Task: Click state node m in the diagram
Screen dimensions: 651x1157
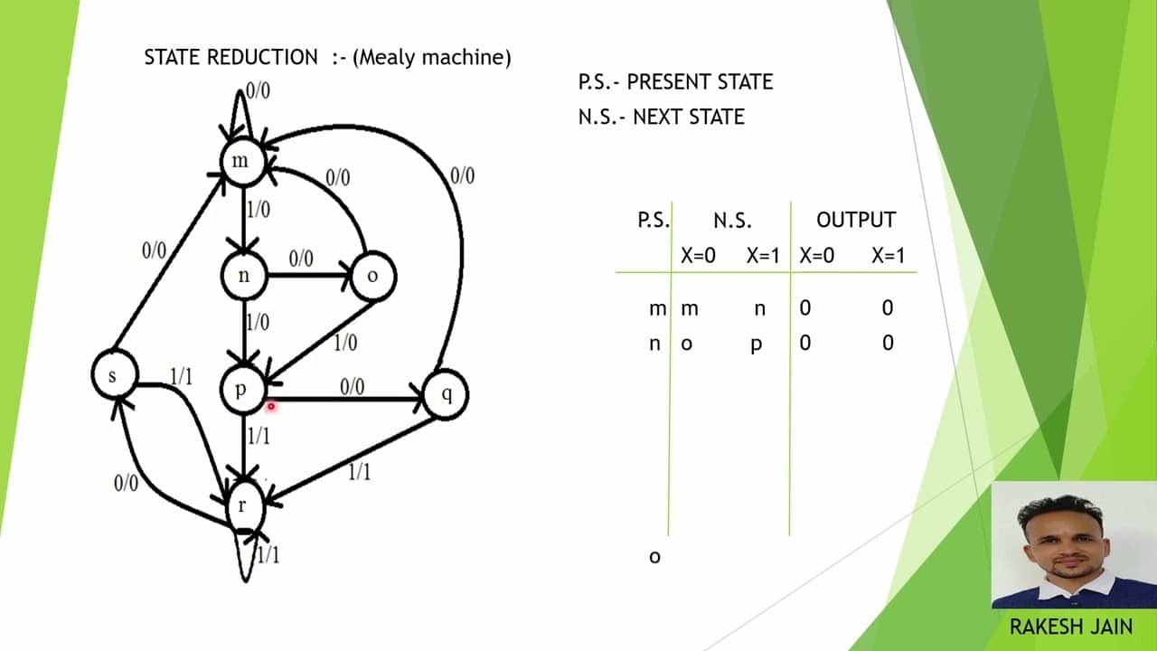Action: point(241,163)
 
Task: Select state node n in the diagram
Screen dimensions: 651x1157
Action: point(244,277)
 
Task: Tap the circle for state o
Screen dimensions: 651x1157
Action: point(372,277)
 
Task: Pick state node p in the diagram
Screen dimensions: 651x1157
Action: point(242,390)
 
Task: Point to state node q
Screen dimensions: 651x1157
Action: point(445,394)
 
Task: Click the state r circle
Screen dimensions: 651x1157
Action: point(242,505)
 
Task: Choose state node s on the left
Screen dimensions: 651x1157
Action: point(114,374)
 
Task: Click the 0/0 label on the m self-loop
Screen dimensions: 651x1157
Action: point(258,90)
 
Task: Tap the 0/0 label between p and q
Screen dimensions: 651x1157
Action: point(352,387)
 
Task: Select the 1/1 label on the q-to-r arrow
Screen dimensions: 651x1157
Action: point(359,471)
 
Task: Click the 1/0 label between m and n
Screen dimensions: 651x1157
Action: point(259,210)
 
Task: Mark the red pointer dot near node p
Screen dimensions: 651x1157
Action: point(270,407)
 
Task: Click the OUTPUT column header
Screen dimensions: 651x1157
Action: point(855,221)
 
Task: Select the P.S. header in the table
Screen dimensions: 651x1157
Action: point(654,221)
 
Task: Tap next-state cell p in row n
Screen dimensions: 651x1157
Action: point(757,344)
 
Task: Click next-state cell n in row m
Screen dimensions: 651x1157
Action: point(759,309)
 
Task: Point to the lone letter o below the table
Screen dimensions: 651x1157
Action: point(655,557)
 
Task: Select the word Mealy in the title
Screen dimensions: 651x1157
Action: point(390,58)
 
